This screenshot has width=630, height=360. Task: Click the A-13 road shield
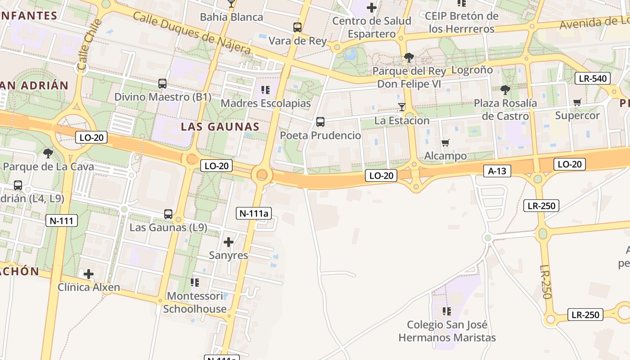pyautogui.click(x=497, y=171)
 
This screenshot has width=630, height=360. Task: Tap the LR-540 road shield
pyautogui.click(x=593, y=78)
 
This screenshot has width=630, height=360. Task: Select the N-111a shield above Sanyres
pyautogui.click(x=254, y=213)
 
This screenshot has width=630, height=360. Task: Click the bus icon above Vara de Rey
pyautogui.click(x=297, y=27)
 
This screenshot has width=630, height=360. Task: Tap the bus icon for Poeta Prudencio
pyautogui.click(x=320, y=121)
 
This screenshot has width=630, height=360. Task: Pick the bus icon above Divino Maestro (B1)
pyautogui.click(x=162, y=83)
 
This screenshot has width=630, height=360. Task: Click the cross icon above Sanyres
pyautogui.click(x=229, y=242)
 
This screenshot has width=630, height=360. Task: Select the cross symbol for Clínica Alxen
pyautogui.click(x=89, y=274)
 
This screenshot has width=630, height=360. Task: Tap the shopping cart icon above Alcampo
pyautogui.click(x=445, y=143)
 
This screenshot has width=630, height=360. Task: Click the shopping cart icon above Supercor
pyautogui.click(x=577, y=102)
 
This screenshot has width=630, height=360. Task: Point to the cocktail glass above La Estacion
pyautogui.click(x=402, y=107)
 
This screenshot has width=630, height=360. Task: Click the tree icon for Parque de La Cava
pyautogui.click(x=48, y=153)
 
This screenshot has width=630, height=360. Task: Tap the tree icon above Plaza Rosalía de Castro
pyautogui.click(x=505, y=90)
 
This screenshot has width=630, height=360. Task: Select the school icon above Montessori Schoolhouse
pyautogui.click(x=195, y=282)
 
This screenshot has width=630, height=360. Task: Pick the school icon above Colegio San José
pyautogui.click(x=447, y=311)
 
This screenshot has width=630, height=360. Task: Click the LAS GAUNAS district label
pyautogui.click(x=220, y=127)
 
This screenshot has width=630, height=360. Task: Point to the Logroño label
pyautogui.click(x=472, y=70)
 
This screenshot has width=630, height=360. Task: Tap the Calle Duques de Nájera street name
pyautogui.click(x=192, y=32)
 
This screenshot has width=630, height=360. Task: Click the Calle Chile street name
pyautogui.click(x=88, y=45)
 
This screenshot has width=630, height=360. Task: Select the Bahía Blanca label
pyautogui.click(x=231, y=17)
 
